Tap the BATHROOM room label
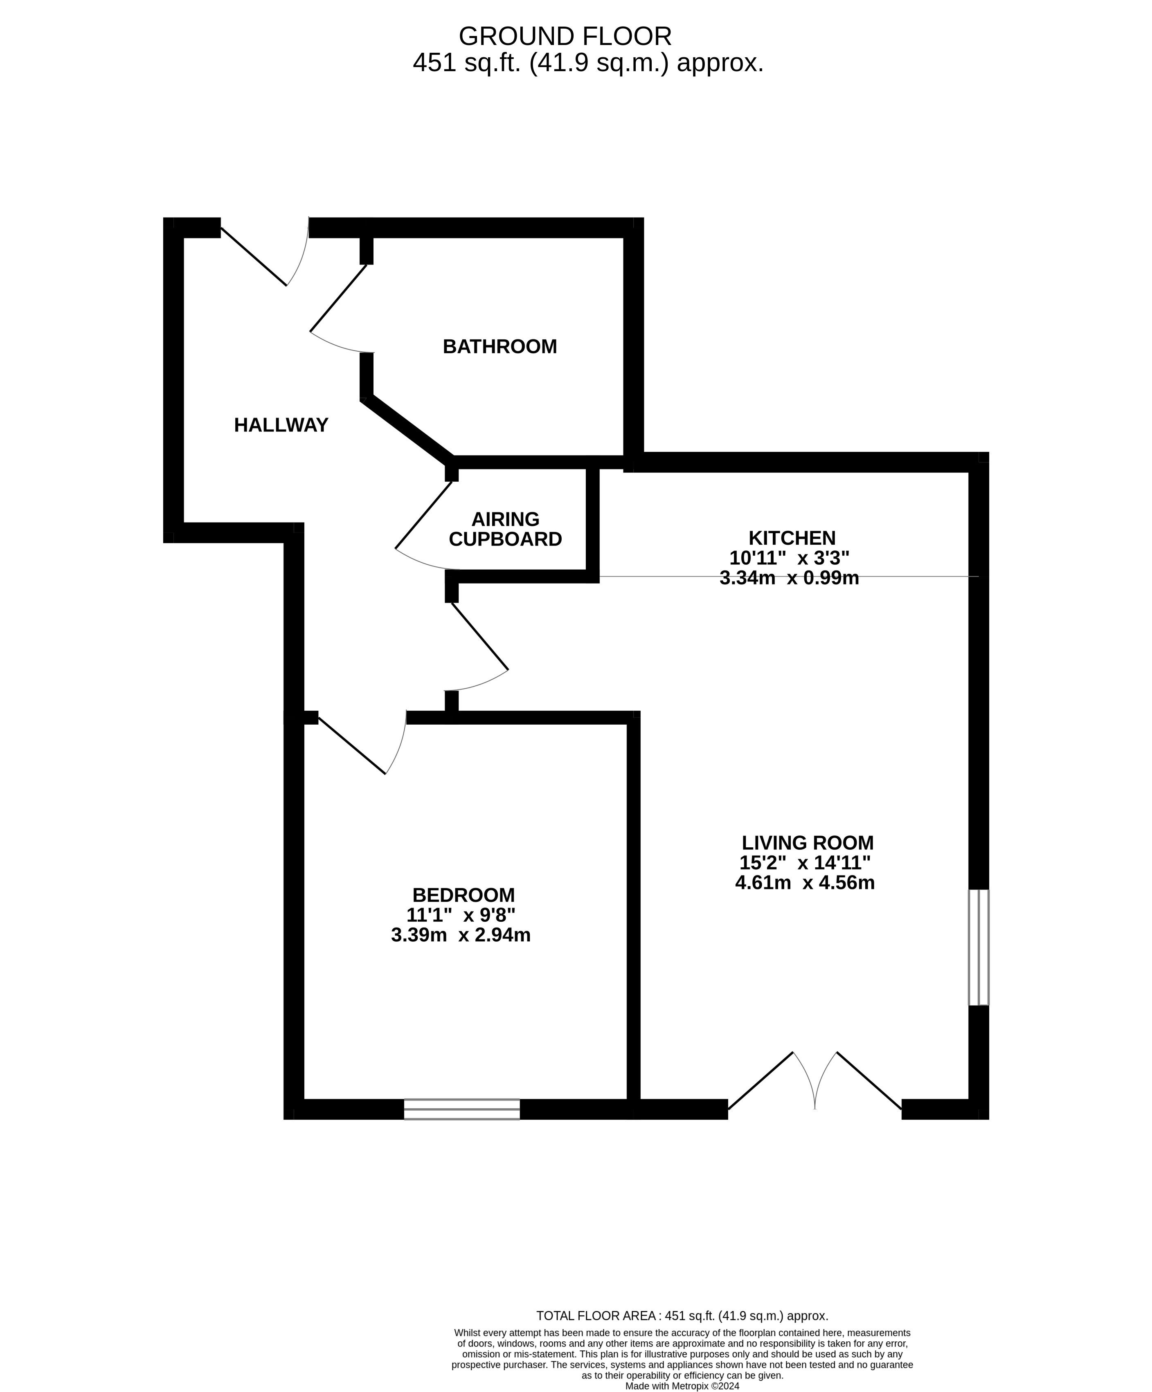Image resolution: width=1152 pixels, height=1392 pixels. click(500, 347)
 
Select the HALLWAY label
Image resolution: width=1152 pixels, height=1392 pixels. click(281, 425)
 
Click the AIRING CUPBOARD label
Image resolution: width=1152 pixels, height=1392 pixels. click(505, 529)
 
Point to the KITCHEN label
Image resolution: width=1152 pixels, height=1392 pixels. click(792, 538)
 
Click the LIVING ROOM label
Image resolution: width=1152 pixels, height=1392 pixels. click(807, 842)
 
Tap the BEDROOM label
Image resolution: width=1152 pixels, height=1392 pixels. click(463, 895)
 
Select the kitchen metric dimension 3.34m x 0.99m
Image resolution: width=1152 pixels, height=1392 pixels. click(789, 578)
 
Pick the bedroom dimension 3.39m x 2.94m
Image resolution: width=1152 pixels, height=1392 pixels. click(461, 935)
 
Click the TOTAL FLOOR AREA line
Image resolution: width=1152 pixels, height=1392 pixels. click(682, 1316)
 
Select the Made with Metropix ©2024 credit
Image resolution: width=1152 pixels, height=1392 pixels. click(682, 1386)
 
